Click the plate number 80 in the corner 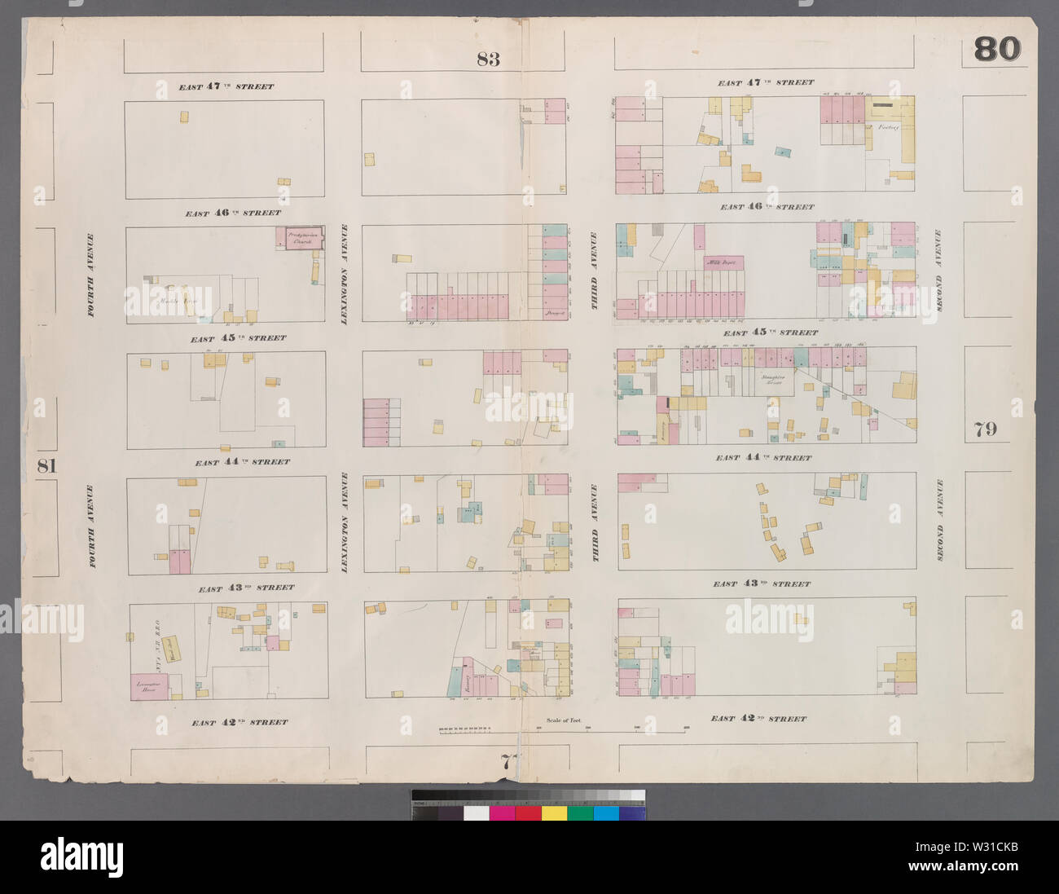(997, 50)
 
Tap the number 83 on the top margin (488, 59)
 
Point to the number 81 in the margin (46, 466)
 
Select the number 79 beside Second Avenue (984, 429)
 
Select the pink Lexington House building (149, 687)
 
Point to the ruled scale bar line (562, 731)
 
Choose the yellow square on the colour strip (555, 813)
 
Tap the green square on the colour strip (580, 813)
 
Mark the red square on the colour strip (529, 813)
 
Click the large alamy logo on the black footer (81, 857)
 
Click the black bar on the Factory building (882, 105)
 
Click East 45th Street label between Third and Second (770, 332)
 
